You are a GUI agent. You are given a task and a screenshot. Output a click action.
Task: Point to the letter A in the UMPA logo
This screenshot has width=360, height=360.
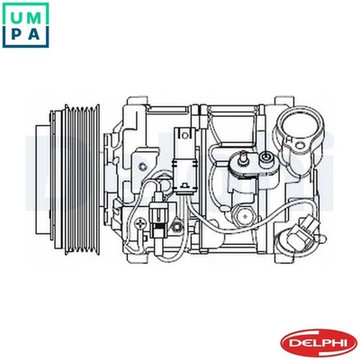click(x=35, y=34)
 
